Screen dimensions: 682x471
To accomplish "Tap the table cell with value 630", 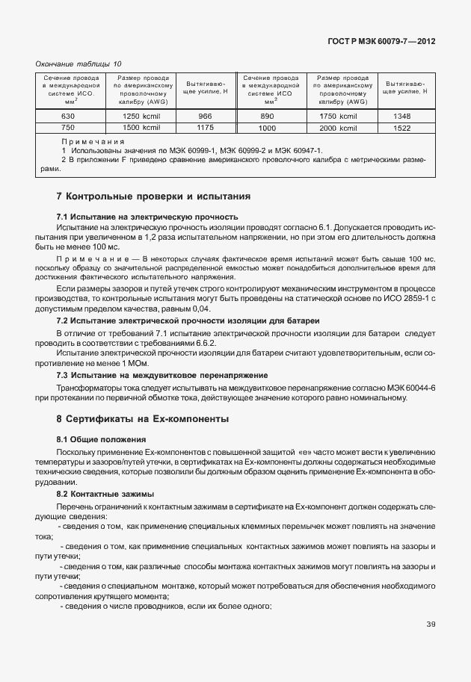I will [67, 117].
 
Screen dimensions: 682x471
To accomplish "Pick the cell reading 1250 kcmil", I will [141, 117].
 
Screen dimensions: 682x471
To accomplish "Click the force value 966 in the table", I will [205, 117].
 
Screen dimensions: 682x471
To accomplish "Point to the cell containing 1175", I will [205, 128].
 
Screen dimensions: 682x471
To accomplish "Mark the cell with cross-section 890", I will [267, 117].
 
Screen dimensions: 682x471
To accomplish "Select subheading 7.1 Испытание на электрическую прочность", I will [147, 217].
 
